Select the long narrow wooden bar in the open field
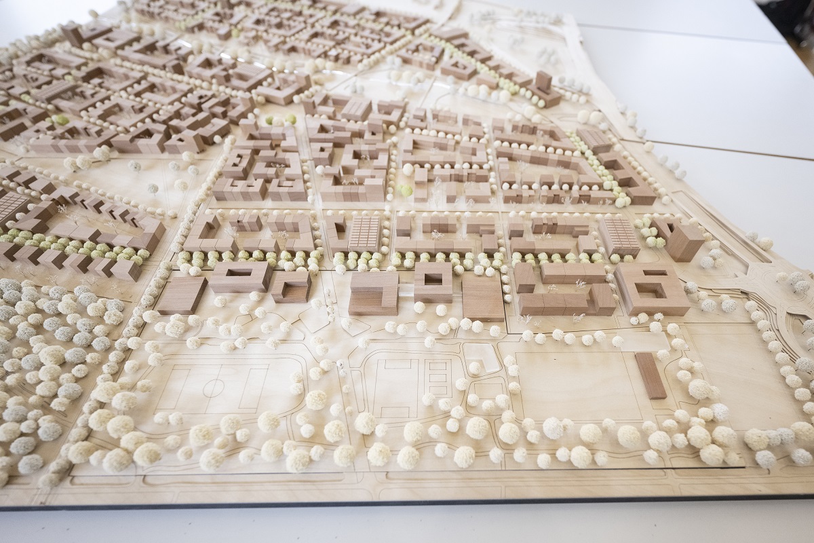pos(651,375)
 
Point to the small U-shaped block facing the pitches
pos(292,286)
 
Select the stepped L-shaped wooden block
pos(374,292)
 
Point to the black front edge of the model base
pos(407,504)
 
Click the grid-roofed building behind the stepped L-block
pos(364,233)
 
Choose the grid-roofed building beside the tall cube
pos(618,235)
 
